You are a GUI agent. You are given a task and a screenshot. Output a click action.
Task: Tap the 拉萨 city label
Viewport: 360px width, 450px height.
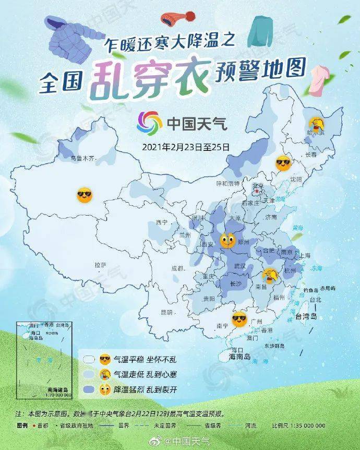tap(100, 265)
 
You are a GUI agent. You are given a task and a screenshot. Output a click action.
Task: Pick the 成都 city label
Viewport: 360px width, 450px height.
tap(177, 268)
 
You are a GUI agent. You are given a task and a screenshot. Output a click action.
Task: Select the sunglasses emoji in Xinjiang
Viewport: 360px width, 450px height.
tap(84, 196)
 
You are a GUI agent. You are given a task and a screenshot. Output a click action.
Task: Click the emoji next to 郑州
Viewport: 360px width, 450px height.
tap(227, 241)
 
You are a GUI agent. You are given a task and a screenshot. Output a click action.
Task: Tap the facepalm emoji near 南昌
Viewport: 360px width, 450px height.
tap(269, 274)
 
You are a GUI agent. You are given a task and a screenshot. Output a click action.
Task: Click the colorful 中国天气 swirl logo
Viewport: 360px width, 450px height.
tap(149, 123)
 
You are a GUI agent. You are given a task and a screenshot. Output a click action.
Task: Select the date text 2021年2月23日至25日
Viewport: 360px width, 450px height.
tap(185, 147)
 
